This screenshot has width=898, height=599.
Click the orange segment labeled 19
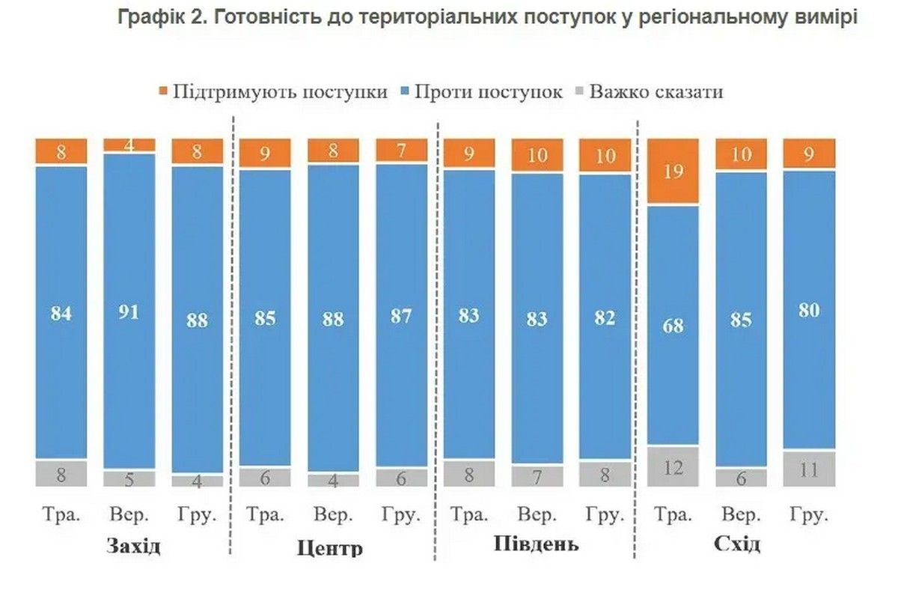click(x=673, y=171)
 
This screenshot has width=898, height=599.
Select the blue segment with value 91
click(x=129, y=311)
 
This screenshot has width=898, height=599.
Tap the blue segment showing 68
click(x=673, y=325)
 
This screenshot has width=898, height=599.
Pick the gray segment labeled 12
click(x=673, y=467)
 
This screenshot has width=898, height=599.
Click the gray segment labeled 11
click(x=809, y=469)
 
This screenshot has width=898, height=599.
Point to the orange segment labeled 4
click(x=129, y=145)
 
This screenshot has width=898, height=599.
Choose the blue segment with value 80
click(x=809, y=310)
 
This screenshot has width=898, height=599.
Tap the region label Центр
click(x=330, y=547)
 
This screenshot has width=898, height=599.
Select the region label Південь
click(x=536, y=544)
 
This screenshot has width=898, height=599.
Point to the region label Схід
click(x=737, y=544)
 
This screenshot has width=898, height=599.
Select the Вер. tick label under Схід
click(x=741, y=516)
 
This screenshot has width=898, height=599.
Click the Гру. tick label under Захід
click(x=197, y=516)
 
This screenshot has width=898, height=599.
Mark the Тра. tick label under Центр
click(x=265, y=516)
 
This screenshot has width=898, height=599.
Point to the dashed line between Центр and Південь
click(x=436, y=337)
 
